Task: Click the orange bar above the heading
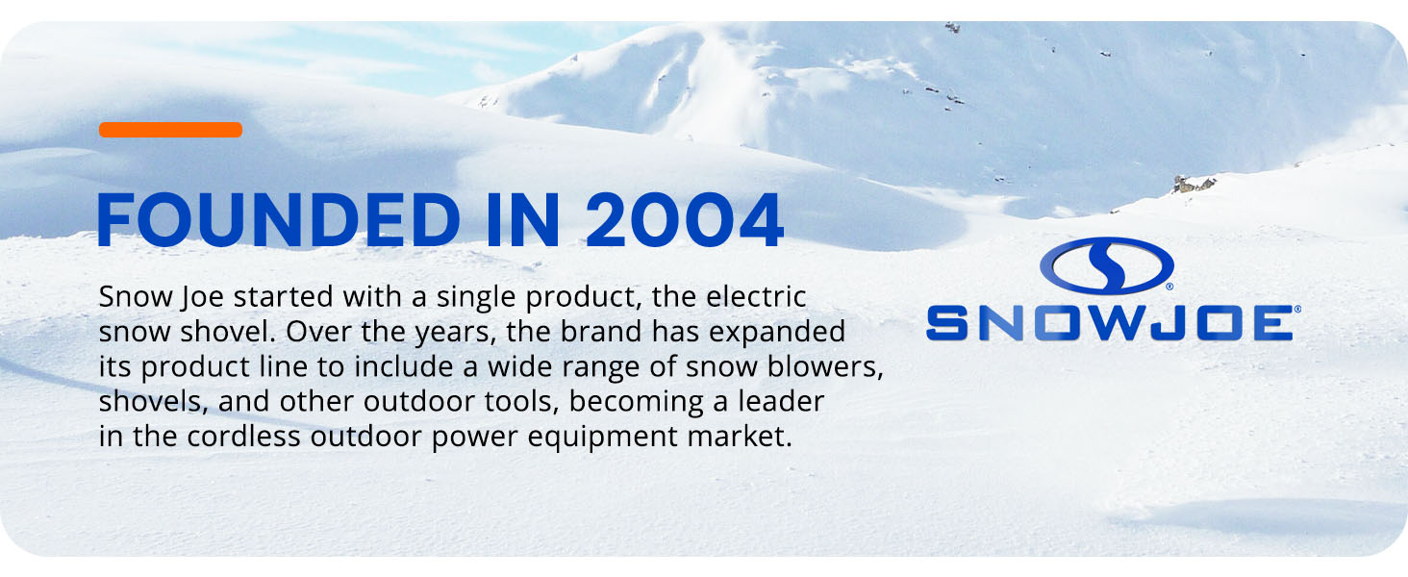coord(170,130)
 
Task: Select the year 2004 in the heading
coord(684,221)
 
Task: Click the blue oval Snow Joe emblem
coord(1106,266)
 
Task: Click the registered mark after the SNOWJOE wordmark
coord(1297,310)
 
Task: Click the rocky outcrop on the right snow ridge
coord(1194,184)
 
